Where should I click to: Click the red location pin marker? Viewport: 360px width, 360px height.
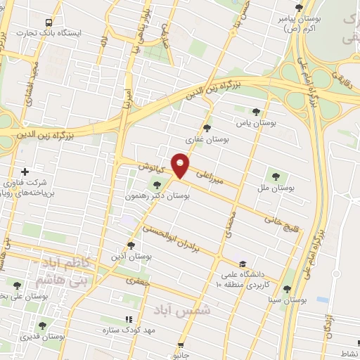coord(181,165)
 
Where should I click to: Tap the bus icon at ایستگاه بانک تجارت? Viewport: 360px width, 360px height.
coord(48,22)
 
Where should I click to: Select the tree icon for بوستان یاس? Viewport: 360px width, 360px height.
coord(256,112)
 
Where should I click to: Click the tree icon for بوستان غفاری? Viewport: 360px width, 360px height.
coord(207,128)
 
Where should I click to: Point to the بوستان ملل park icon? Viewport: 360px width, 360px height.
coord(275,176)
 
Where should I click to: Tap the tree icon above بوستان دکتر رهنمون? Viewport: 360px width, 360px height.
coord(146,184)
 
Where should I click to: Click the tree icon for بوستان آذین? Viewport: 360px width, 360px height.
coord(131,245)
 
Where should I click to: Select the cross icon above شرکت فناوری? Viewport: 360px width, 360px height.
coord(25,172)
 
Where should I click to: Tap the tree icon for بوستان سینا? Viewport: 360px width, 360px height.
coord(285,288)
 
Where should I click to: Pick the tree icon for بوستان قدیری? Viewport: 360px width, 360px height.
coord(42,326)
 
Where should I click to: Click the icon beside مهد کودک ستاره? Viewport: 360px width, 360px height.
coord(127,319)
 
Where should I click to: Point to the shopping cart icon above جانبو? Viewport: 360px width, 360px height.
coord(181,346)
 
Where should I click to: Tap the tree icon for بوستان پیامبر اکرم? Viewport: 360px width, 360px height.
coord(299,8)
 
